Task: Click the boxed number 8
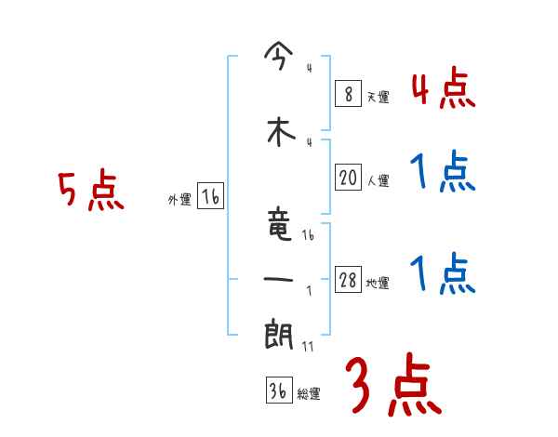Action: pyautogui.click(x=346, y=94)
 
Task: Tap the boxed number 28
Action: pyautogui.click(x=348, y=281)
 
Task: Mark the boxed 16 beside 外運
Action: pyautogui.click(x=210, y=198)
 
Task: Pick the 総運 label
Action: pyautogui.click(x=309, y=394)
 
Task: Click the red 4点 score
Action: pyautogui.click(x=443, y=89)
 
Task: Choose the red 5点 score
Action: pyautogui.click(x=90, y=192)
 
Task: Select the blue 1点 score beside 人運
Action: pyautogui.click(x=443, y=172)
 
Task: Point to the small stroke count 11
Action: pyautogui.click(x=310, y=347)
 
